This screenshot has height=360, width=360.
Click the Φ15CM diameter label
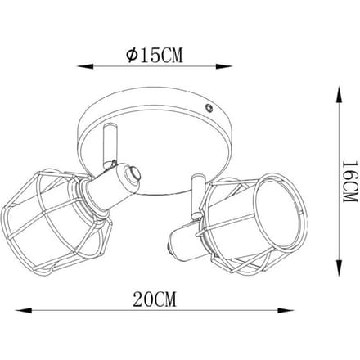click(x=154, y=56)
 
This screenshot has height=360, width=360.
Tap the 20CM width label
click(x=155, y=299)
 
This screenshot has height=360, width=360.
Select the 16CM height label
click(x=349, y=182)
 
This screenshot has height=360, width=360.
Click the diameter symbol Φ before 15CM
click(x=132, y=56)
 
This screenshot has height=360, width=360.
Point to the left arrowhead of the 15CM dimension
click(x=86, y=66)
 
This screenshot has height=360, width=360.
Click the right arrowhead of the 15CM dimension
click(x=223, y=66)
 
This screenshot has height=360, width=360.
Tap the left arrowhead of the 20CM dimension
click(x=24, y=310)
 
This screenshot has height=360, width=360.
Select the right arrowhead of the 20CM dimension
click(x=286, y=310)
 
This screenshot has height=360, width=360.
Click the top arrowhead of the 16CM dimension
click(x=339, y=95)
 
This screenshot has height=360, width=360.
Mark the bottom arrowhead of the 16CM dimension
click(x=339, y=268)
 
